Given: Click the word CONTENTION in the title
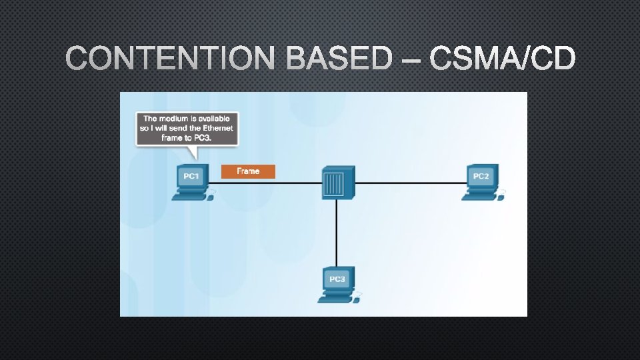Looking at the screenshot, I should [x=170, y=60].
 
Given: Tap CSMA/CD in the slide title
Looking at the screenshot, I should [x=502, y=60].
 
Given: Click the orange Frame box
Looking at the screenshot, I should [x=248, y=171].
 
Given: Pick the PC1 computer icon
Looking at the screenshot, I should [x=192, y=182].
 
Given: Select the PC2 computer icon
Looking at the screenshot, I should [x=481, y=182].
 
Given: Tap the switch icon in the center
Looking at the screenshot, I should [x=337, y=182].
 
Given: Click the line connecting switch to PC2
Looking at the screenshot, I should [x=410, y=183].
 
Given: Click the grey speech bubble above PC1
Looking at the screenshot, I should [x=187, y=128].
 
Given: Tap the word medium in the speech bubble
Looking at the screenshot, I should [x=175, y=119].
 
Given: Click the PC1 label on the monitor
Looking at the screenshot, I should [x=191, y=176].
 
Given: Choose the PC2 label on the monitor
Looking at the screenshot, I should [x=481, y=176].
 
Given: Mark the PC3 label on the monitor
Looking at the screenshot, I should [x=337, y=278].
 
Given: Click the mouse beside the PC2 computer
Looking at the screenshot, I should [x=501, y=193].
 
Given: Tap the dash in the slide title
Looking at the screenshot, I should [x=411, y=61].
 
